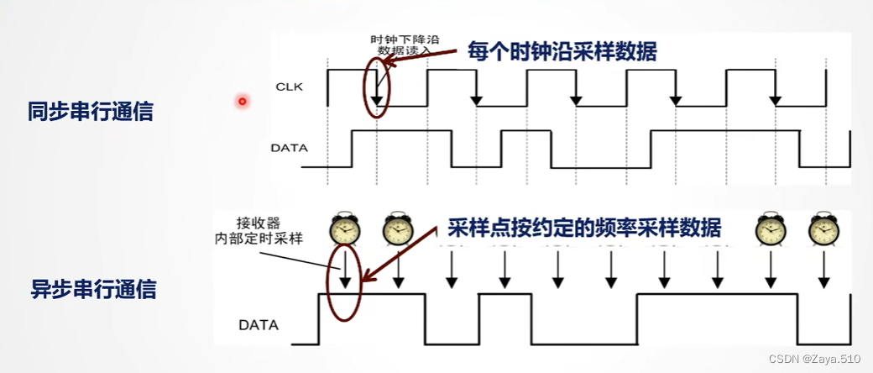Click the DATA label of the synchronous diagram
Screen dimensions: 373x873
click(289, 148)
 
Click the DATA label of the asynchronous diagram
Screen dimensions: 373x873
click(259, 324)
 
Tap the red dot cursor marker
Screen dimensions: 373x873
click(242, 102)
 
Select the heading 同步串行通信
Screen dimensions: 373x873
click(91, 111)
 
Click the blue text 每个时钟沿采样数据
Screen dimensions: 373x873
click(562, 52)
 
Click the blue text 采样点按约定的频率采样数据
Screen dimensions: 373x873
click(583, 228)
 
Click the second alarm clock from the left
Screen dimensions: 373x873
click(397, 229)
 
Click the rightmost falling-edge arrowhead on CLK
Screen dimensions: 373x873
click(776, 100)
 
